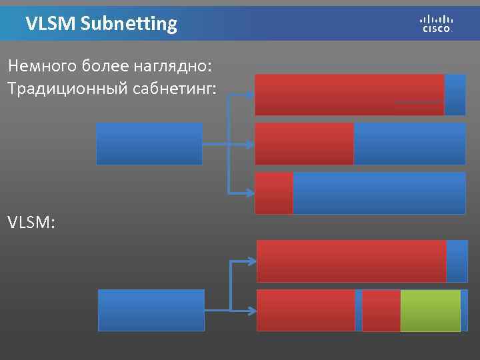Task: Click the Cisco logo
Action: [437, 23]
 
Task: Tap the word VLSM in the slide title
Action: [50, 25]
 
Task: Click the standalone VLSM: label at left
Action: [31, 222]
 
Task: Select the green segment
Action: [430, 310]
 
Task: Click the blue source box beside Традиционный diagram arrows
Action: [149, 143]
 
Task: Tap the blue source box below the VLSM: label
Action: [151, 310]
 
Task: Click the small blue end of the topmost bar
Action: [455, 95]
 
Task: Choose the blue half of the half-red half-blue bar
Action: [409, 143]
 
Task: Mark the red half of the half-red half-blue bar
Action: [304, 143]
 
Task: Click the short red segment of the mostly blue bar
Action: [274, 193]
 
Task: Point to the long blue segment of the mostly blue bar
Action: [379, 193]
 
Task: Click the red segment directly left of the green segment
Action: [381, 310]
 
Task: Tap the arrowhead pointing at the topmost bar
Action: [250, 95]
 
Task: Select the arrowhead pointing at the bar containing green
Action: [252, 310]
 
